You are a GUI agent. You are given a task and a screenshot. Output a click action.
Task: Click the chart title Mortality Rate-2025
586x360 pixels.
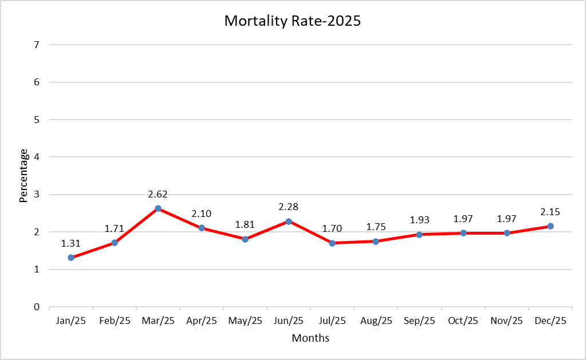tap(293, 21)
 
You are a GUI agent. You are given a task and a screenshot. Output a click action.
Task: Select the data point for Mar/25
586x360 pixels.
tap(158, 208)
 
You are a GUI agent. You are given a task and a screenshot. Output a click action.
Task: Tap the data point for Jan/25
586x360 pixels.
tap(71, 258)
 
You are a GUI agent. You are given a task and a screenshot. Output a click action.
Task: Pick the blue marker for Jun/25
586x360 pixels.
tap(289, 221)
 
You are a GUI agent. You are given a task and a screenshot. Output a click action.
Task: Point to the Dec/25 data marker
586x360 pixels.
tap(550, 226)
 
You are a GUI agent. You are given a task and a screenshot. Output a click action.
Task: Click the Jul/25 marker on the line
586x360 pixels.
tap(332, 243)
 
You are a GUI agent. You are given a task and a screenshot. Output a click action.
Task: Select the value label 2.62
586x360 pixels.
tap(158, 194)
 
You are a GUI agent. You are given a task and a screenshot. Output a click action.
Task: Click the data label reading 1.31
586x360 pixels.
tap(71, 243)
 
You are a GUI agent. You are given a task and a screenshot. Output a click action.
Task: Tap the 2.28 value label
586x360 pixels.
tap(289, 207)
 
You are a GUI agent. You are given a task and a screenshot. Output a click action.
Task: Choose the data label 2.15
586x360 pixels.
tap(550, 212)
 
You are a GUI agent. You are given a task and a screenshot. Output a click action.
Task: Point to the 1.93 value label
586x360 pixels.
tap(419, 220)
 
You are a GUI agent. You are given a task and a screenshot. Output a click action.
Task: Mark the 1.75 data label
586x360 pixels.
tap(376, 227)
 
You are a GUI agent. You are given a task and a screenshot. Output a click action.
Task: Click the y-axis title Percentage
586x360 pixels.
tap(23, 176)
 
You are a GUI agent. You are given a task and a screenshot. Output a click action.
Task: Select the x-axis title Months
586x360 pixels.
tap(310, 338)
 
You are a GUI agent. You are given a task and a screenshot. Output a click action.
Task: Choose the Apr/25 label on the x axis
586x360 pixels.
tap(202, 321)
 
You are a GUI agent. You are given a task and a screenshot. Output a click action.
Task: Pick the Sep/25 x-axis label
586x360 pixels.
tap(419, 321)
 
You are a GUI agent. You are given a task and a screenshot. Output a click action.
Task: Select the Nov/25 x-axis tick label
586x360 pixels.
tap(507, 321)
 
